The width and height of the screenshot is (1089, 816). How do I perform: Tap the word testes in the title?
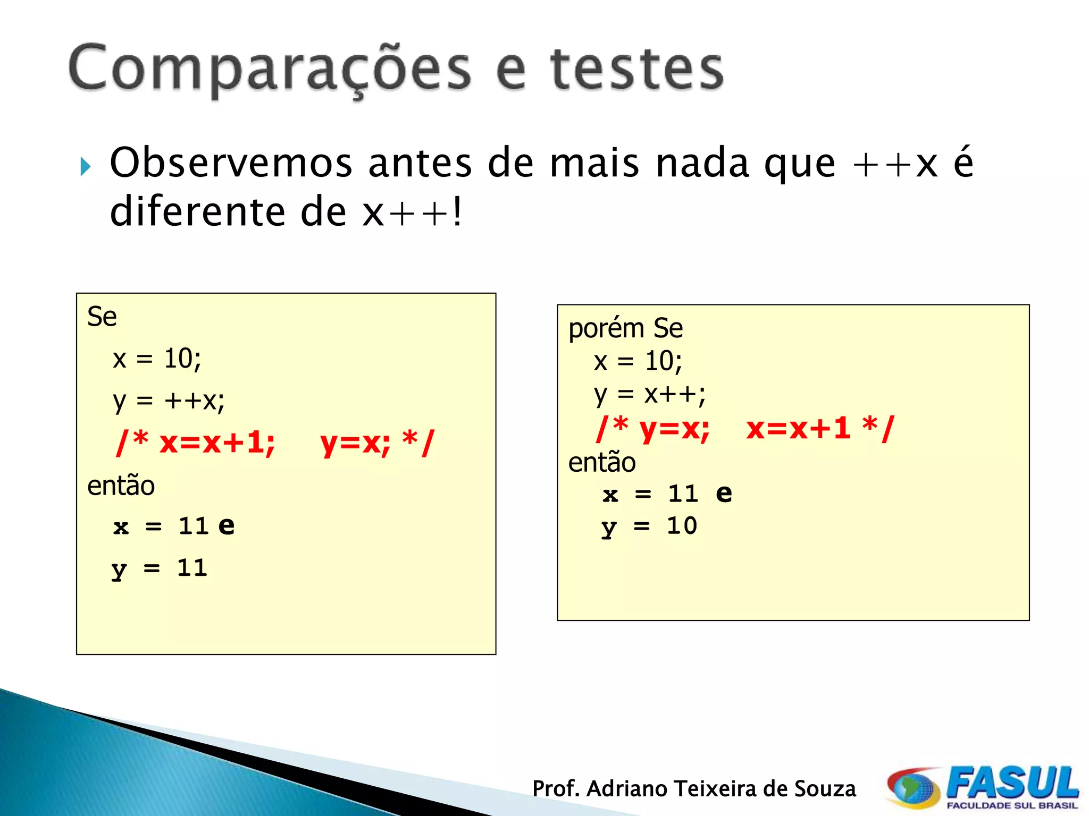(636, 69)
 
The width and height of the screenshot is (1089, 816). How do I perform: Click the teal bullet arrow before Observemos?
(86, 167)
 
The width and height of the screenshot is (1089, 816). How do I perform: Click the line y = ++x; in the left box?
(169, 401)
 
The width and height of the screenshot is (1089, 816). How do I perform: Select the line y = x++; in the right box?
(649, 395)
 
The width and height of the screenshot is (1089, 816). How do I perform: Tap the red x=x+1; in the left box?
(217, 442)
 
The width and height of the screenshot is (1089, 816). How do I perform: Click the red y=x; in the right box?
(674, 428)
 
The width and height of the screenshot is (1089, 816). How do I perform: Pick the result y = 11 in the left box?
(159, 568)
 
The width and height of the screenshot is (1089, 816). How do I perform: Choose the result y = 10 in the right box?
(649, 526)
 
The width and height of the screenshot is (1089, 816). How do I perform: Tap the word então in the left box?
(121, 486)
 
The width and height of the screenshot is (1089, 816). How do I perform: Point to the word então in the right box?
(601, 462)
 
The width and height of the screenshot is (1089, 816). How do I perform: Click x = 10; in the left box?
(157, 359)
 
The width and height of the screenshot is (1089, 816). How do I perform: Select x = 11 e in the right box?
(667, 494)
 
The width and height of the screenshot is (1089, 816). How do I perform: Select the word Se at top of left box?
(102, 317)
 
